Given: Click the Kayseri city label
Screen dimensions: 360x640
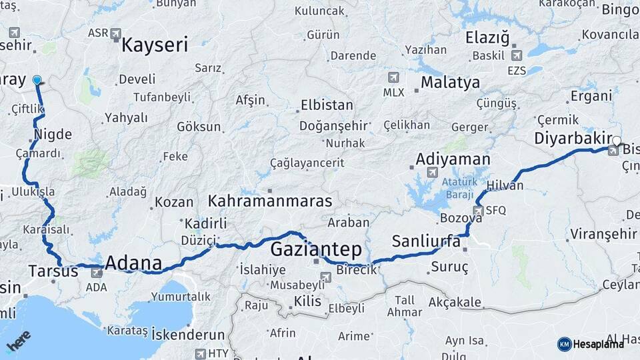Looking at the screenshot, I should pyautogui.click(x=155, y=45).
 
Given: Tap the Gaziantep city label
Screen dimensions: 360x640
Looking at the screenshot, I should pyautogui.click(x=316, y=250).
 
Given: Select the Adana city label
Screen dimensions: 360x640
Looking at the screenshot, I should pyautogui.click(x=133, y=263).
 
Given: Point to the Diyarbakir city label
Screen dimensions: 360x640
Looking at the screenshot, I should pyautogui.click(x=573, y=138).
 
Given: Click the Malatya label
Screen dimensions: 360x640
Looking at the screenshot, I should pyautogui.click(x=450, y=83).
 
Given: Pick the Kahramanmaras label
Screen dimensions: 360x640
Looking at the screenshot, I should pyautogui.click(x=270, y=201).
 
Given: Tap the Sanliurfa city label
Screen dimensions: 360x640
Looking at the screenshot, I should pyautogui.click(x=426, y=241).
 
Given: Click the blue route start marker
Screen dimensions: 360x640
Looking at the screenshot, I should pyautogui.click(x=37, y=80).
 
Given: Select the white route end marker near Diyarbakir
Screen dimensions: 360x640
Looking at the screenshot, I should pyautogui.click(x=617, y=141).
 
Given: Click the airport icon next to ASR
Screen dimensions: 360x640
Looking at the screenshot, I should pyautogui.click(x=116, y=33).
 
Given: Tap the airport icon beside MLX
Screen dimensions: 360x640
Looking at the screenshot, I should pyautogui.click(x=393, y=77).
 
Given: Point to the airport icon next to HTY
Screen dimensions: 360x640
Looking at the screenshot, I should pyautogui.click(x=200, y=353).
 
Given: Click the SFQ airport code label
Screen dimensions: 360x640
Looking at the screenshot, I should pyautogui.click(x=496, y=210).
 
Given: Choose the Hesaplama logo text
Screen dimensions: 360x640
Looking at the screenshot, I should pyautogui.click(x=599, y=344).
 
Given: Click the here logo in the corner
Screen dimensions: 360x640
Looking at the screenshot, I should pyautogui.click(x=18, y=343).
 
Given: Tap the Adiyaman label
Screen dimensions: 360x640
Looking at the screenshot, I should pyautogui.click(x=453, y=159).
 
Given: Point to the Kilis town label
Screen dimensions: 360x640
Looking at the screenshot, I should pyautogui.click(x=307, y=301).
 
